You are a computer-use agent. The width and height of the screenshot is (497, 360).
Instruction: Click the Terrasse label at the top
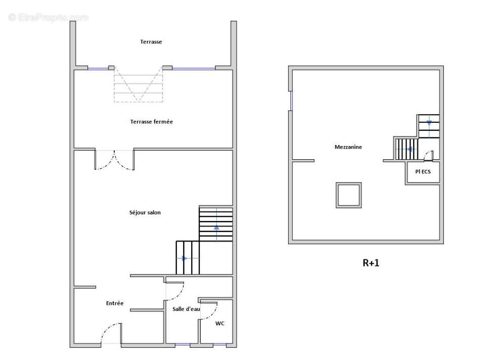pyautogui.click(x=151, y=42)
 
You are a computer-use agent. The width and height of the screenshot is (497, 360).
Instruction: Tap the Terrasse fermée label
pyautogui.click(x=152, y=122)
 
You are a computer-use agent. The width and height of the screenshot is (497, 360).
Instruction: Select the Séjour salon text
pyautogui.click(x=145, y=213)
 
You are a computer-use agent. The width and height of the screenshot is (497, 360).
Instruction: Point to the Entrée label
pyautogui.click(x=115, y=303)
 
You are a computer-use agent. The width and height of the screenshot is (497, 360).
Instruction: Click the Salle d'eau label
pyautogui.click(x=186, y=309)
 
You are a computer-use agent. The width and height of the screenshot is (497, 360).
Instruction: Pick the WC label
pyautogui.click(x=219, y=324)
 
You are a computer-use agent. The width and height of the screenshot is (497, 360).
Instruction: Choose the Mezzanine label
pyautogui.click(x=348, y=147)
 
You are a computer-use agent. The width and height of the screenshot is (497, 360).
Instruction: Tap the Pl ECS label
pyautogui.click(x=423, y=172)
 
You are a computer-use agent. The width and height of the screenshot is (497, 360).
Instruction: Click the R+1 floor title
pyautogui.click(x=371, y=263)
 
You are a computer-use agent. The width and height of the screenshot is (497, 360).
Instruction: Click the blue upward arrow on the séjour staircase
pyautogui.click(x=216, y=227)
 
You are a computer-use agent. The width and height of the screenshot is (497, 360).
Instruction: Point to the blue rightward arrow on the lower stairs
pyautogui.click(x=185, y=258)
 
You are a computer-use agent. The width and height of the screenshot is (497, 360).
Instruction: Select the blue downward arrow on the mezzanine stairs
pyautogui.click(x=429, y=123)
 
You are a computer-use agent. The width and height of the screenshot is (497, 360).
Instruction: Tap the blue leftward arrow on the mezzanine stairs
pyautogui.click(x=410, y=149)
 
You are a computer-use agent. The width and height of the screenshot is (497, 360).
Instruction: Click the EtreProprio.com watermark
pyautogui.click(x=49, y=17)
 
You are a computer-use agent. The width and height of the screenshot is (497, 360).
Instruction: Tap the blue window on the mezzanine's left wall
pyautogui.click(x=291, y=101)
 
